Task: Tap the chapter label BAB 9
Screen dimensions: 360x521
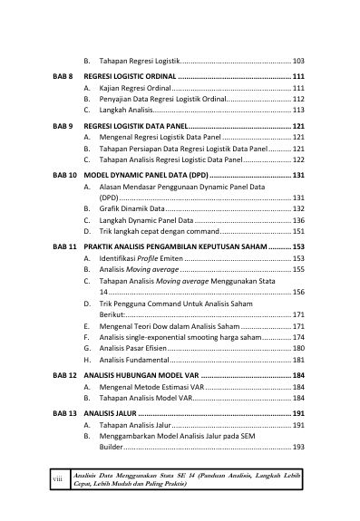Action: (63, 125)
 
